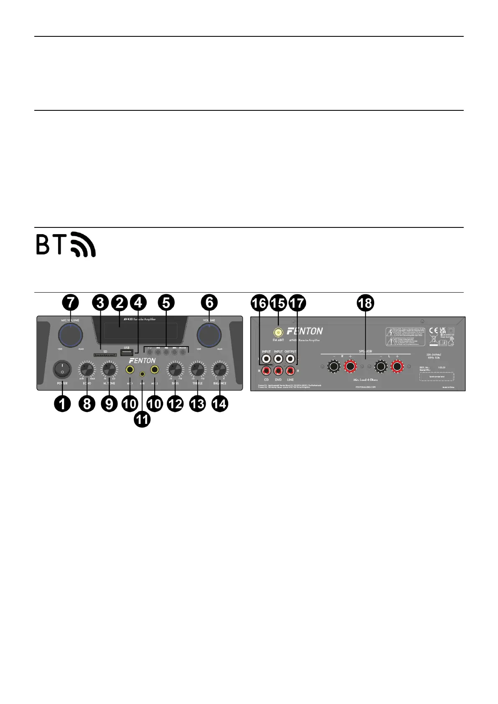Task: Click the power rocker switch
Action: click(x=62, y=370)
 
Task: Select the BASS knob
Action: click(x=175, y=370)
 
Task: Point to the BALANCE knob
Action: click(x=220, y=370)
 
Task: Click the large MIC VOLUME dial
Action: click(x=70, y=334)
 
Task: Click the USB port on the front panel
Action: click(x=127, y=352)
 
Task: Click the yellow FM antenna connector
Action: click(x=278, y=333)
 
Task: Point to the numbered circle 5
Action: click(x=166, y=303)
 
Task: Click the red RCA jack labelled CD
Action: click(x=266, y=370)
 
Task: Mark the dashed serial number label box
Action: click(x=437, y=377)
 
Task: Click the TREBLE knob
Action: click(x=197, y=370)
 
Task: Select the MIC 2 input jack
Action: click(x=155, y=370)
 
